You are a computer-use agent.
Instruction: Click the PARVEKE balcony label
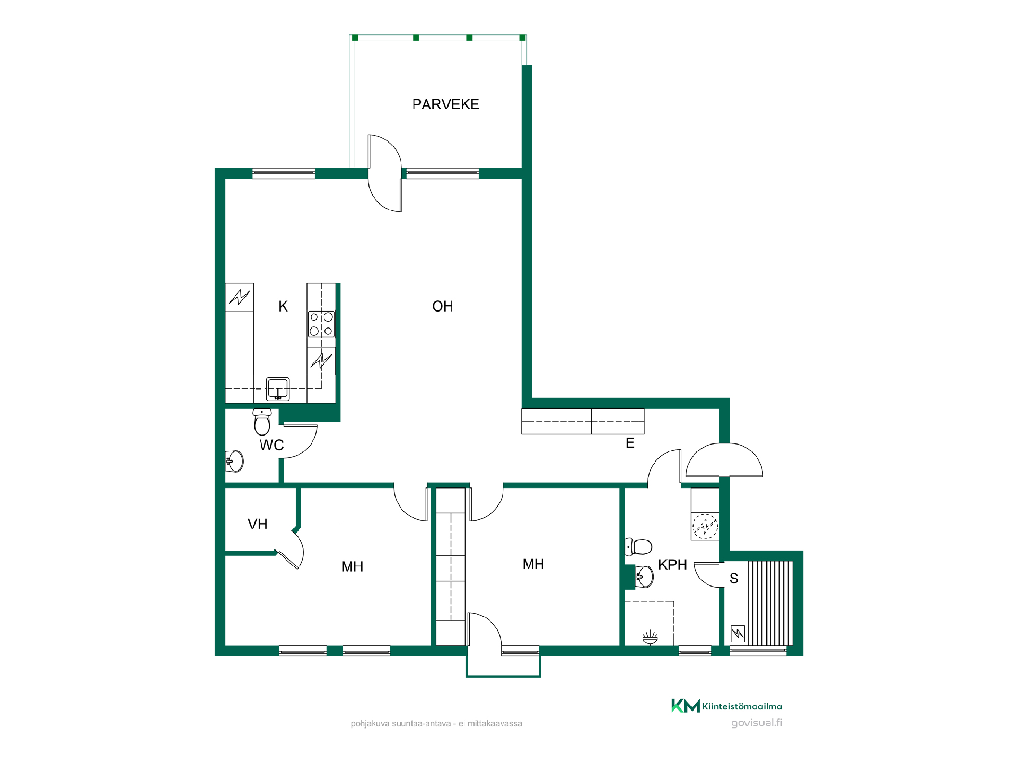click(445, 104)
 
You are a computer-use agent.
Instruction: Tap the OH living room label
click(443, 306)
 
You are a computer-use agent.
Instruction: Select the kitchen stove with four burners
click(321, 324)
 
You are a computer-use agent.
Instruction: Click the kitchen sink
click(278, 388)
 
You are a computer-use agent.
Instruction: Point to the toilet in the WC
click(262, 421)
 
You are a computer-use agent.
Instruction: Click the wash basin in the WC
click(234, 461)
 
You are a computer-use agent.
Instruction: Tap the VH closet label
click(258, 524)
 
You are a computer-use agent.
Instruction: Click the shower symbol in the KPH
click(650, 637)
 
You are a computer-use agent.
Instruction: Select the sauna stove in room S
click(738, 634)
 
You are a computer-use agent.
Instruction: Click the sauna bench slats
click(770, 604)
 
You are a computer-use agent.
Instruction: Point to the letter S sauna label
click(734, 578)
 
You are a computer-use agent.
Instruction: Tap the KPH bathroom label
click(672, 565)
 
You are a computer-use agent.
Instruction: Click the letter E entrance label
click(630, 443)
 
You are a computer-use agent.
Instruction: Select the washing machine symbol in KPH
click(705, 527)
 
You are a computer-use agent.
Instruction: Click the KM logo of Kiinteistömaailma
click(686, 706)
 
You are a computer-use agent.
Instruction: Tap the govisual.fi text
click(757, 723)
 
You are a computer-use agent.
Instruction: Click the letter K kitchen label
click(283, 306)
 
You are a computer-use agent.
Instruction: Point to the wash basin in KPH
click(644, 576)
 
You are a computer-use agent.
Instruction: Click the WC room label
click(272, 445)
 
